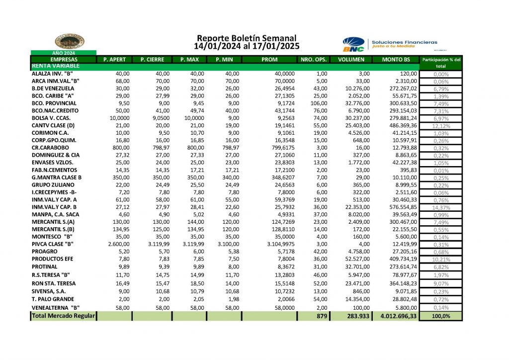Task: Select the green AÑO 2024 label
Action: [x=63, y=53]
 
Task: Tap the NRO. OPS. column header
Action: [x=314, y=60]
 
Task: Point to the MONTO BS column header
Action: [x=396, y=60]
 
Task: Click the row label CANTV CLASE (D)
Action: [x=53, y=125]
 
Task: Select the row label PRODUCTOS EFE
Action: [x=52, y=259]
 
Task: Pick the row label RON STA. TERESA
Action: [x=54, y=282]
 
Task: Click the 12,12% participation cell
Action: [x=441, y=125]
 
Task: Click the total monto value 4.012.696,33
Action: [x=397, y=316]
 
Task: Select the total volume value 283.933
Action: [x=355, y=316]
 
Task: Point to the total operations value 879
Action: [x=322, y=316]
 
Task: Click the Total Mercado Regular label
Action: [x=63, y=316]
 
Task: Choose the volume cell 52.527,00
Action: [x=355, y=259]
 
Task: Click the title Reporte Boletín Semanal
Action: [x=247, y=38]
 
